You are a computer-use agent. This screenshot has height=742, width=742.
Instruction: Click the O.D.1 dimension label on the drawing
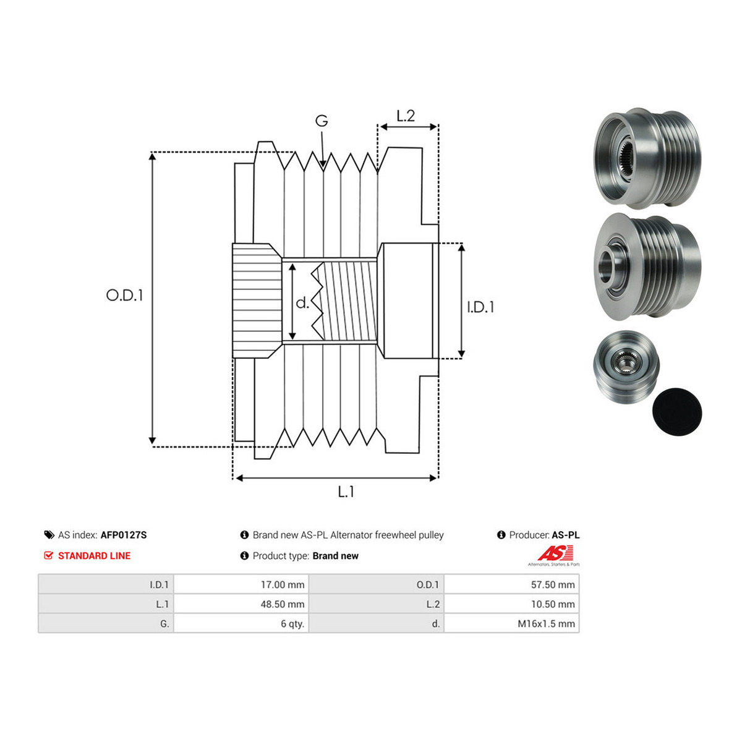click(124, 296)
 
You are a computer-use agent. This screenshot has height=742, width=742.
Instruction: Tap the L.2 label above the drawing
click(406, 116)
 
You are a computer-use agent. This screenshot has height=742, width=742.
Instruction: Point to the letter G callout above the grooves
click(322, 121)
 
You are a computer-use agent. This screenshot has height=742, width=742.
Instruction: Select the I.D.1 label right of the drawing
click(480, 307)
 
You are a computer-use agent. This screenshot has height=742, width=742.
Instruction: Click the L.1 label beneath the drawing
click(346, 492)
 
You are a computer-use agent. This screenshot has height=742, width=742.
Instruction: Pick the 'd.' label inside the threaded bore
click(302, 303)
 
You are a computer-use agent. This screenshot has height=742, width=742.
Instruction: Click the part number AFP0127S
click(124, 535)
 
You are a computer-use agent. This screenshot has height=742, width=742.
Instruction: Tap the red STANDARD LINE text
click(95, 556)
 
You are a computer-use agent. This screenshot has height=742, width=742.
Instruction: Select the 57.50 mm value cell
click(512, 584)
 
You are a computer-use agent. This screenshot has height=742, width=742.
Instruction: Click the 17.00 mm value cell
click(241, 584)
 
